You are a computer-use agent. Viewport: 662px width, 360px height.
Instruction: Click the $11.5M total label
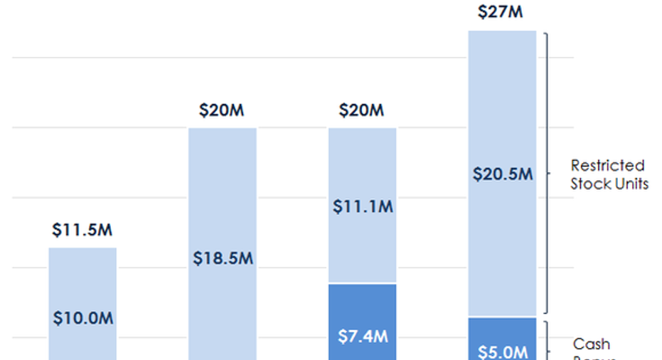click(82, 231)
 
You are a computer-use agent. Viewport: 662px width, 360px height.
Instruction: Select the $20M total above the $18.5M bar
click(222, 111)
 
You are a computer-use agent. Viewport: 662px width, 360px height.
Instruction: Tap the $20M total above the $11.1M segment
click(362, 111)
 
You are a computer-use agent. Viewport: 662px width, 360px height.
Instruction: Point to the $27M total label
click(502, 12)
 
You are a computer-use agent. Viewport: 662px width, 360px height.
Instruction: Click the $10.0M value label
click(82, 318)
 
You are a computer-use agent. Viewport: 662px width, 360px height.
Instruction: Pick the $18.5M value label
click(223, 258)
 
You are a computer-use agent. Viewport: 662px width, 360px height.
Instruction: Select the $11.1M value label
click(363, 207)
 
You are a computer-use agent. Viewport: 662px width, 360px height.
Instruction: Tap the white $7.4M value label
click(363, 336)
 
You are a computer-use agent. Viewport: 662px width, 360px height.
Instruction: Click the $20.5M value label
click(502, 174)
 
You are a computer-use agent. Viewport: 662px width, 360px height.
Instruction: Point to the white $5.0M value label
click(502, 351)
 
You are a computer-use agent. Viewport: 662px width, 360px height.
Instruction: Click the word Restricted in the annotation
click(607, 166)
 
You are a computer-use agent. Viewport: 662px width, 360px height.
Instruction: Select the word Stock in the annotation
click(589, 184)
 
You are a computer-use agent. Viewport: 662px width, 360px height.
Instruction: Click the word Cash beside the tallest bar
click(592, 344)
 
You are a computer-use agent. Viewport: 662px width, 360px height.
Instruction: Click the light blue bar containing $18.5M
click(223, 199)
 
